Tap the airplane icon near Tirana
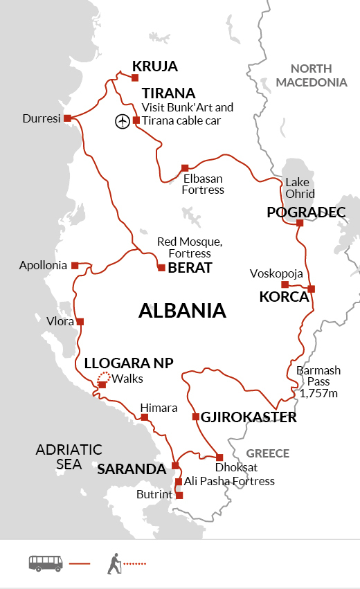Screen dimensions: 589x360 click(x=122, y=121)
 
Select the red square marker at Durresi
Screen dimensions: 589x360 click(x=67, y=118)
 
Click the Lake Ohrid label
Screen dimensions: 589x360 click(x=300, y=188)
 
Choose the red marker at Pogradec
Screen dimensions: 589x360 click(x=299, y=223)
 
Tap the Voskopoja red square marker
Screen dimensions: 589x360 click(x=285, y=284)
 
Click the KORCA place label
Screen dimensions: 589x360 click(x=283, y=297)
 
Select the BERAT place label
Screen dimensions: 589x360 click(x=190, y=268)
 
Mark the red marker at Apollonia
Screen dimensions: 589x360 click(x=74, y=264)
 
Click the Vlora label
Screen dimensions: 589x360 click(x=60, y=321)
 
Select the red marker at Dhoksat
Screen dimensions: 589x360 click(x=219, y=457)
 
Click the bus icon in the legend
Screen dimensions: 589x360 click(x=46, y=563)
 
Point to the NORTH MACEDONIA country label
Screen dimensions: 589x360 click(x=318, y=75)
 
